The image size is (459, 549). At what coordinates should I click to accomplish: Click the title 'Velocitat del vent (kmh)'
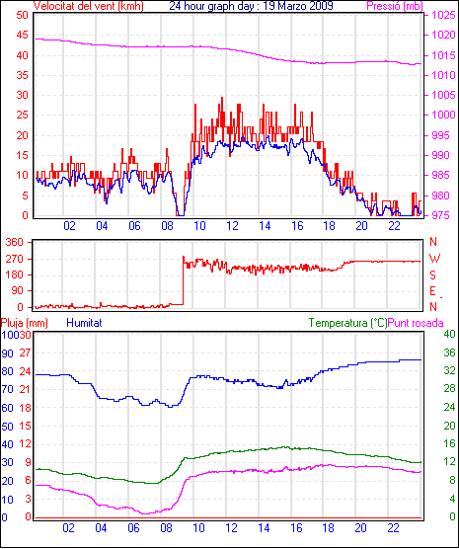[88, 6]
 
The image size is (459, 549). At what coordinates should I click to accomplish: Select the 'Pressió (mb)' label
[395, 6]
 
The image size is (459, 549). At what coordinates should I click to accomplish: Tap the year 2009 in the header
[321, 6]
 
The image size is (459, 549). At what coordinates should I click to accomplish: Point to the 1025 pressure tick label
[443, 15]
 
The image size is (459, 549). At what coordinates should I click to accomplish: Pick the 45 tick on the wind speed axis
[22, 35]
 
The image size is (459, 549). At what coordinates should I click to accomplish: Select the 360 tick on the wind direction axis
[15, 242]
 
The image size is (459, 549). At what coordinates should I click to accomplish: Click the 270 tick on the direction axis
[15, 259]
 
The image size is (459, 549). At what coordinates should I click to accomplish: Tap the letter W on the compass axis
[434, 259]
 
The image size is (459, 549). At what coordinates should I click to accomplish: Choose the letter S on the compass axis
[432, 275]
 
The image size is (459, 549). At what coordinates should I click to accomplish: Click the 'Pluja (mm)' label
[24, 323]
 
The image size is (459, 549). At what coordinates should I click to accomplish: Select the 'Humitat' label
[84, 323]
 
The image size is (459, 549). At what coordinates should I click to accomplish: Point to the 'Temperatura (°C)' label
[348, 323]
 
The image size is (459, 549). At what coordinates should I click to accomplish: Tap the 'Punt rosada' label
[416, 323]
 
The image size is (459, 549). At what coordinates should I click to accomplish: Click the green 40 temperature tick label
[449, 334]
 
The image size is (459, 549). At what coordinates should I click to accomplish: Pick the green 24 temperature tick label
[449, 407]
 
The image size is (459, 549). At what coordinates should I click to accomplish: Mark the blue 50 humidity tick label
[7, 427]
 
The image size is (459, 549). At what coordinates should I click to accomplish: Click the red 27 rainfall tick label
[26, 353]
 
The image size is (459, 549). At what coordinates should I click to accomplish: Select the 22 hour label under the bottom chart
[393, 528]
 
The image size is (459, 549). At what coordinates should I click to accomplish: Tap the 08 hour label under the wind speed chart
[167, 226]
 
